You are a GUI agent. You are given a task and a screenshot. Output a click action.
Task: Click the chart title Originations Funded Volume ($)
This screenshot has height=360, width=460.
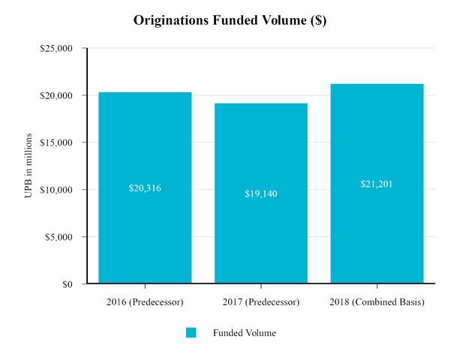230,20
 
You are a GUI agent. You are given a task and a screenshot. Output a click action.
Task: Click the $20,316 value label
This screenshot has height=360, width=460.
145,188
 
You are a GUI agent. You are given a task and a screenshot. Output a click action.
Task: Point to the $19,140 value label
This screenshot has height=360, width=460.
261,193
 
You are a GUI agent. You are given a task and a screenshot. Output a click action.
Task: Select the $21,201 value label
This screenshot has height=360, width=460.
377,184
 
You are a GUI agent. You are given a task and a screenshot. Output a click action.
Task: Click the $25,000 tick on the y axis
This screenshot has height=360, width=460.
56,49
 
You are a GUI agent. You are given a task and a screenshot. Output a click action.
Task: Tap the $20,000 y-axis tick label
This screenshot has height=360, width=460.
56,96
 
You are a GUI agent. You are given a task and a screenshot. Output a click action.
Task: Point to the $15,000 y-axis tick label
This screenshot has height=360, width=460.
56,142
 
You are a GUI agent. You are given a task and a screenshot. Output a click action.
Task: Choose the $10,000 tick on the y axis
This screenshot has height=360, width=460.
56,190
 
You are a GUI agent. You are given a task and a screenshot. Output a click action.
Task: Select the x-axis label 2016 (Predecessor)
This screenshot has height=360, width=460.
145,302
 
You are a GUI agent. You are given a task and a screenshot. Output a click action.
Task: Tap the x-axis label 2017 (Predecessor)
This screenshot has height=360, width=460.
261,302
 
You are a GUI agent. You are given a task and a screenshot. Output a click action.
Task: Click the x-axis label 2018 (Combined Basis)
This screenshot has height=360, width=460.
377,302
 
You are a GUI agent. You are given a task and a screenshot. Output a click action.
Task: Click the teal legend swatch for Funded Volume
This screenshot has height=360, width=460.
191,333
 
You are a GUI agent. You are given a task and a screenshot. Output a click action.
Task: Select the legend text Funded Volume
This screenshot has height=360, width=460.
244,333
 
